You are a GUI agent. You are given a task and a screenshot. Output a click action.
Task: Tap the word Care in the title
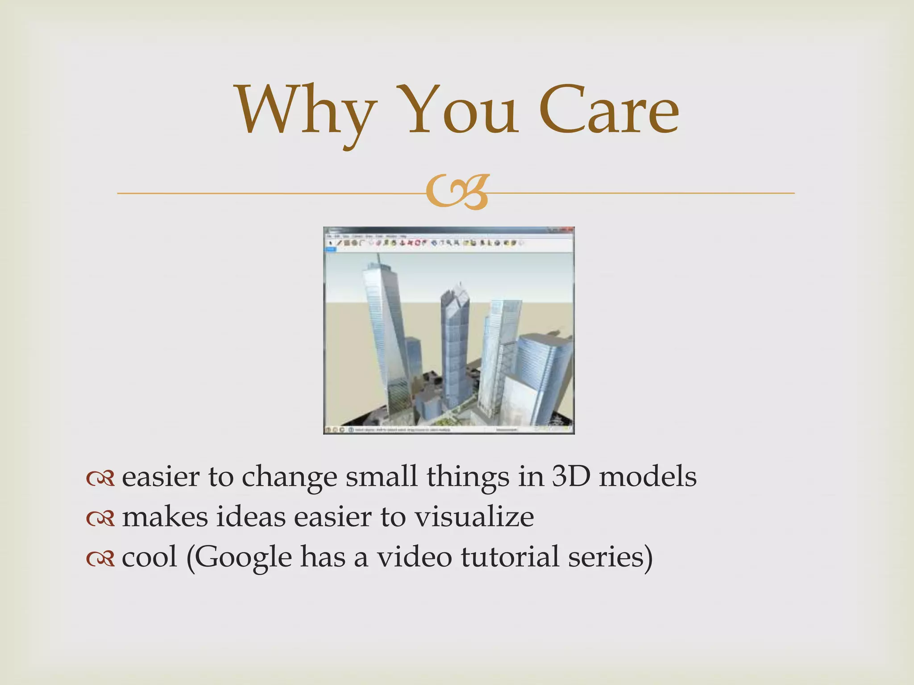609,111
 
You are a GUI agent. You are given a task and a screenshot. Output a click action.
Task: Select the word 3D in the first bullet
571,476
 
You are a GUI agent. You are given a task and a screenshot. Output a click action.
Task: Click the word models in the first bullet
647,476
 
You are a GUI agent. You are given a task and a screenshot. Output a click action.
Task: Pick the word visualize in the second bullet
474,517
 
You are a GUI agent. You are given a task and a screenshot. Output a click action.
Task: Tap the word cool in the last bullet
150,557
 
